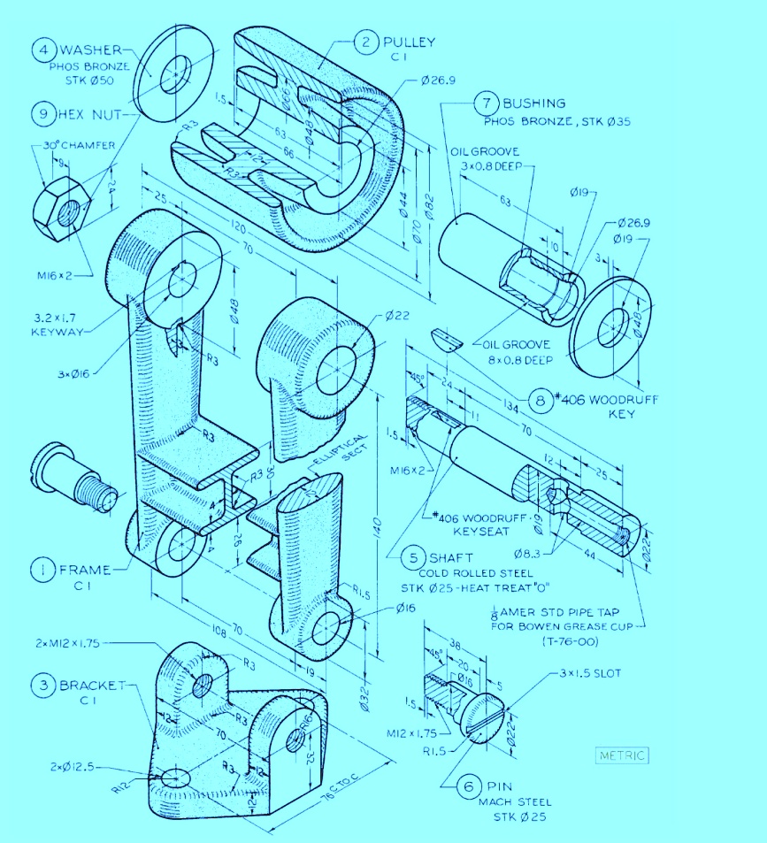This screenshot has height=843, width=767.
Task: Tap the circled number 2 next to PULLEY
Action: (365, 41)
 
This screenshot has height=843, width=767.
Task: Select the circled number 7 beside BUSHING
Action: (486, 103)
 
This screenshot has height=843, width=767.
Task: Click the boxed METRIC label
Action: (623, 755)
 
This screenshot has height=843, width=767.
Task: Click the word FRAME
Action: (85, 570)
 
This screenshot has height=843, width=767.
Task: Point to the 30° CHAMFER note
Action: (74, 146)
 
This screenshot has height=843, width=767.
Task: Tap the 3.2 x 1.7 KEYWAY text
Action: (58, 324)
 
